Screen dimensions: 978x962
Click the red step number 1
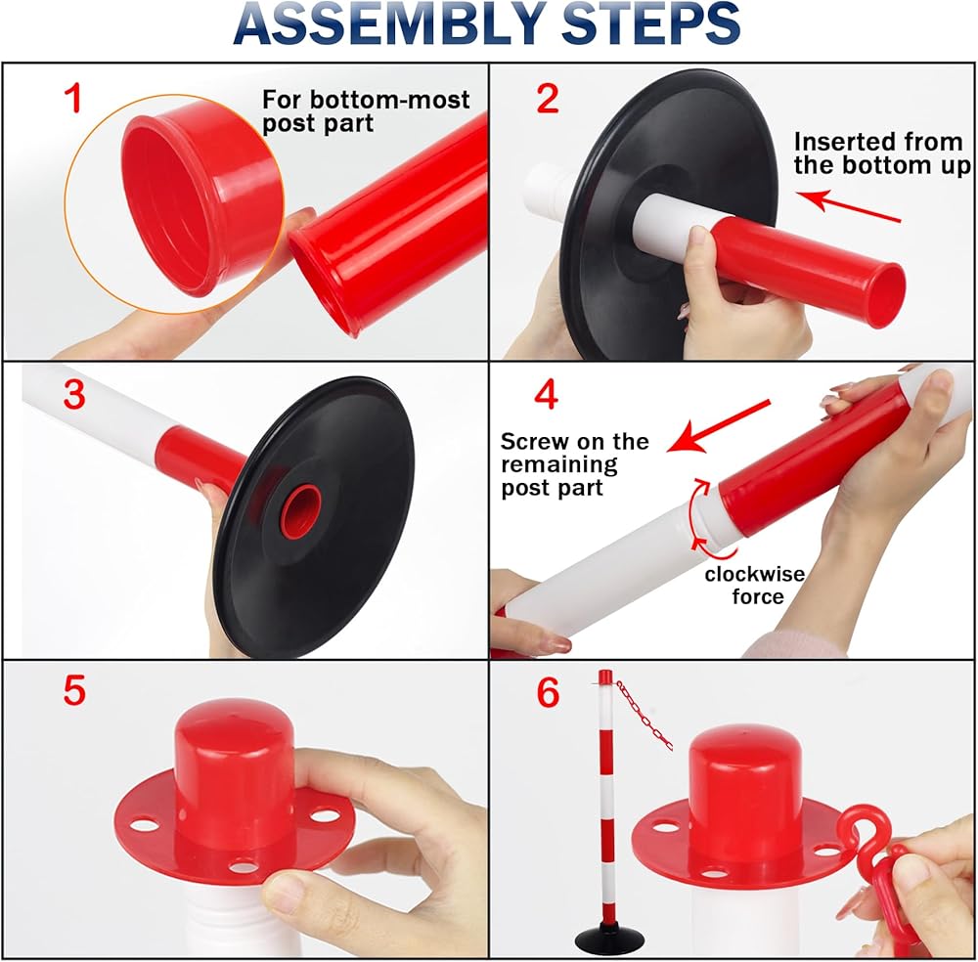(73, 99)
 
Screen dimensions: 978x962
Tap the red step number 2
(548, 99)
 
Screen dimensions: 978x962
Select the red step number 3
(74, 394)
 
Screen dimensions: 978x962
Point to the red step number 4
(546, 394)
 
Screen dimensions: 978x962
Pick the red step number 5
(74, 691)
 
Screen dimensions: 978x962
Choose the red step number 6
(548, 692)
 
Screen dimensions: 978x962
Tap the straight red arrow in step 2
(849, 206)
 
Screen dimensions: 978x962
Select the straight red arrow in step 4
(719, 426)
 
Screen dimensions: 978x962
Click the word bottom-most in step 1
(390, 100)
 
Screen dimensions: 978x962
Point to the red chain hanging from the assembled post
(645, 715)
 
